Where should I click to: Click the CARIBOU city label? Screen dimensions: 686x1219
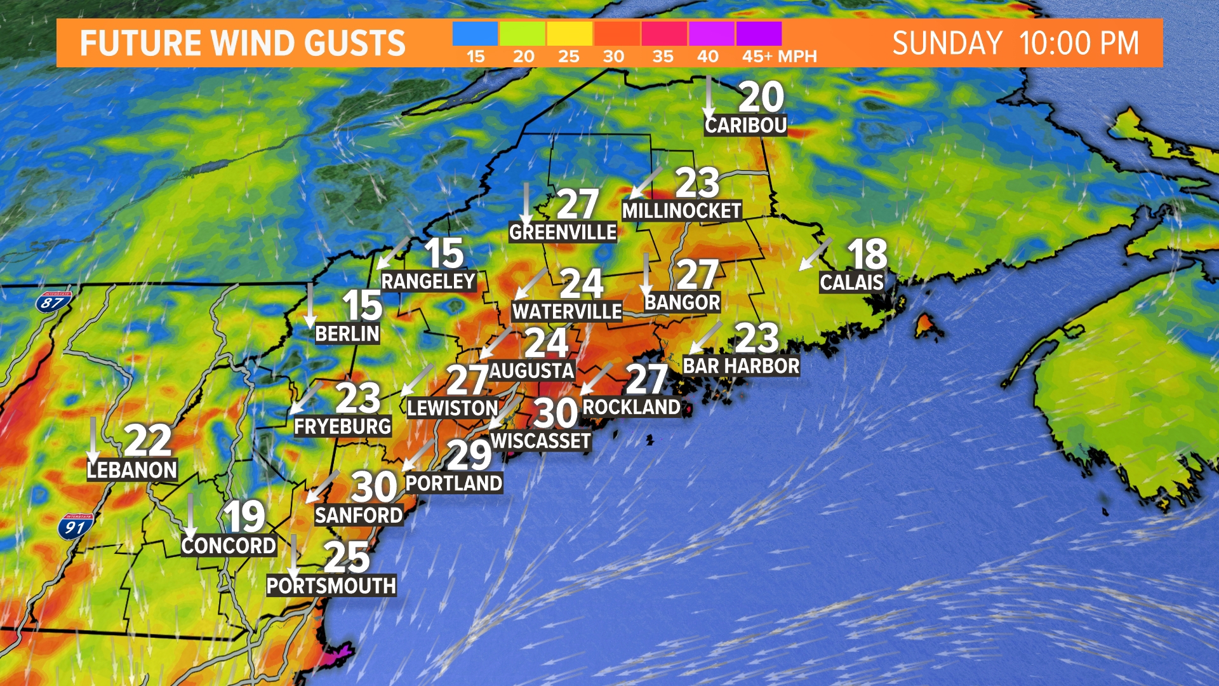click(745, 125)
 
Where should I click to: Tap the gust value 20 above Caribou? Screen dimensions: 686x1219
click(761, 97)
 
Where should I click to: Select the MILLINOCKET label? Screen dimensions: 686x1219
click(681, 211)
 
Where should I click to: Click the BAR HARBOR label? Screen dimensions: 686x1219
click(741, 366)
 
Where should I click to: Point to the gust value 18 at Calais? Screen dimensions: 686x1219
click(867, 254)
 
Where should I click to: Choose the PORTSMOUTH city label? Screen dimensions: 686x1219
click(331, 586)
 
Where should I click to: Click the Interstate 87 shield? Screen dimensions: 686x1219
click(53, 302)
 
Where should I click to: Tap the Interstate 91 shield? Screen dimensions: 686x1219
click(75, 527)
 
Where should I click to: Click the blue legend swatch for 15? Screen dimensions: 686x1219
click(475, 34)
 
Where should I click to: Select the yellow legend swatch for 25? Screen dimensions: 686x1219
click(569, 34)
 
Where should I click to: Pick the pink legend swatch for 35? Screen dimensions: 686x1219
click(663, 34)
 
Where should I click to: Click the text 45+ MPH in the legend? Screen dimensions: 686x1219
click(779, 57)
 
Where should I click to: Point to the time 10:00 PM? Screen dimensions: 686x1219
click(1079, 43)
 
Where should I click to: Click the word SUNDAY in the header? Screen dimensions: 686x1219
click(947, 43)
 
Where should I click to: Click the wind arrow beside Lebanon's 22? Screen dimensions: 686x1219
click(93, 440)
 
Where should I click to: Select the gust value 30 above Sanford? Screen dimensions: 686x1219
click(374, 487)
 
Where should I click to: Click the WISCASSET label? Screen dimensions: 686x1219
click(540, 441)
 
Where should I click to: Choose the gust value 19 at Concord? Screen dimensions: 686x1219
click(244, 516)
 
